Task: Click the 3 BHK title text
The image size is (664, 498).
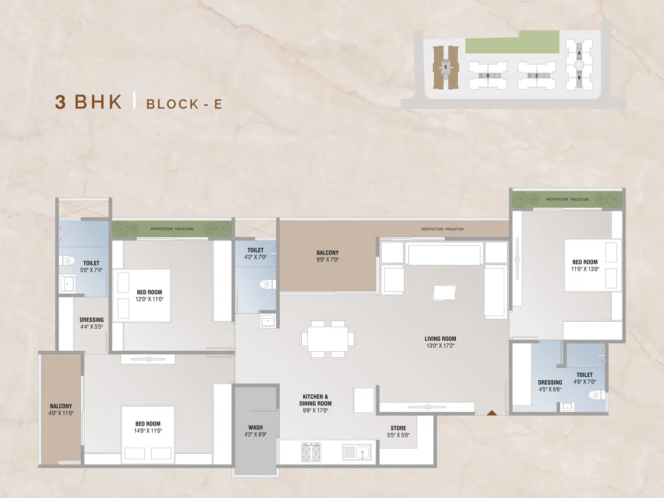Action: pos(89,102)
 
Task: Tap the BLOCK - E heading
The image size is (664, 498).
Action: pos(184,104)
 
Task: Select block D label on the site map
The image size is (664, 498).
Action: pos(488,76)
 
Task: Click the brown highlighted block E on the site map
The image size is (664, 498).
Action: pos(446,67)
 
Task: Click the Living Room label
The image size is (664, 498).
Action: pos(440,339)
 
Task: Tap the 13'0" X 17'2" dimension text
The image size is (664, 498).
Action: pos(440,346)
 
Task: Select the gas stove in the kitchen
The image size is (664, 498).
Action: pos(311,452)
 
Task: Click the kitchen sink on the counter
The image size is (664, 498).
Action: pos(357,452)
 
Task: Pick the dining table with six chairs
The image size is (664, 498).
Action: pos(328,339)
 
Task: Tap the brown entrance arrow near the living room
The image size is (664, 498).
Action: pos(492,413)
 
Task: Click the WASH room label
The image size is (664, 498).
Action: pos(255,427)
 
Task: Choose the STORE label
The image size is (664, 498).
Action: pos(398,428)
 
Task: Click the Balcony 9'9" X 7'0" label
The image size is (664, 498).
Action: pos(327,256)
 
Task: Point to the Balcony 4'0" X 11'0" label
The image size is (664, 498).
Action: pos(61,409)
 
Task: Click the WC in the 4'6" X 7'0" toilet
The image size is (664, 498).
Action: pos(594,395)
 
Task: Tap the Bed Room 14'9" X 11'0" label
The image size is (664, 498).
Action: pos(148,427)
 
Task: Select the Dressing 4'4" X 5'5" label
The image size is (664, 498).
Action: pos(91,323)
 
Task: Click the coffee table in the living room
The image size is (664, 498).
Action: pos(444,292)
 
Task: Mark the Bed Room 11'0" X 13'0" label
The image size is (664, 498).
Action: pos(585,265)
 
